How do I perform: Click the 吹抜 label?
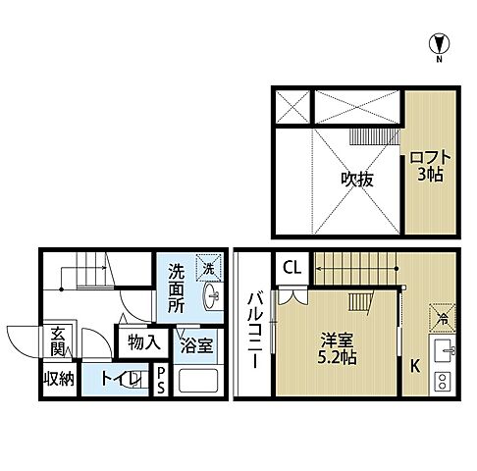[330, 181]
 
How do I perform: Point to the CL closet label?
[291, 266]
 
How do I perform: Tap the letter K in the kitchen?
[415, 367]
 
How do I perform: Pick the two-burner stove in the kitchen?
[443, 382]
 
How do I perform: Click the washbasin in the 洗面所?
[210, 296]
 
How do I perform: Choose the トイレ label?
[120, 380]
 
